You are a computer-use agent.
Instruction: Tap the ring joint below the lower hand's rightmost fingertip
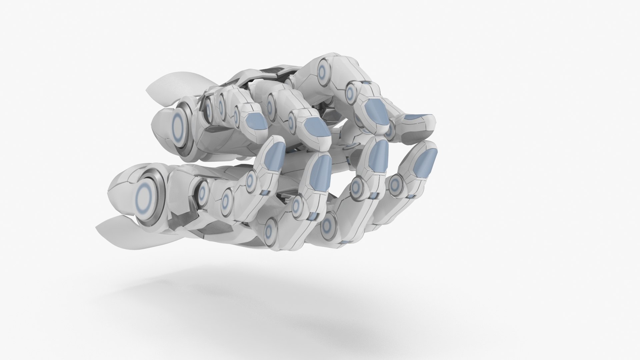[396, 184]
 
